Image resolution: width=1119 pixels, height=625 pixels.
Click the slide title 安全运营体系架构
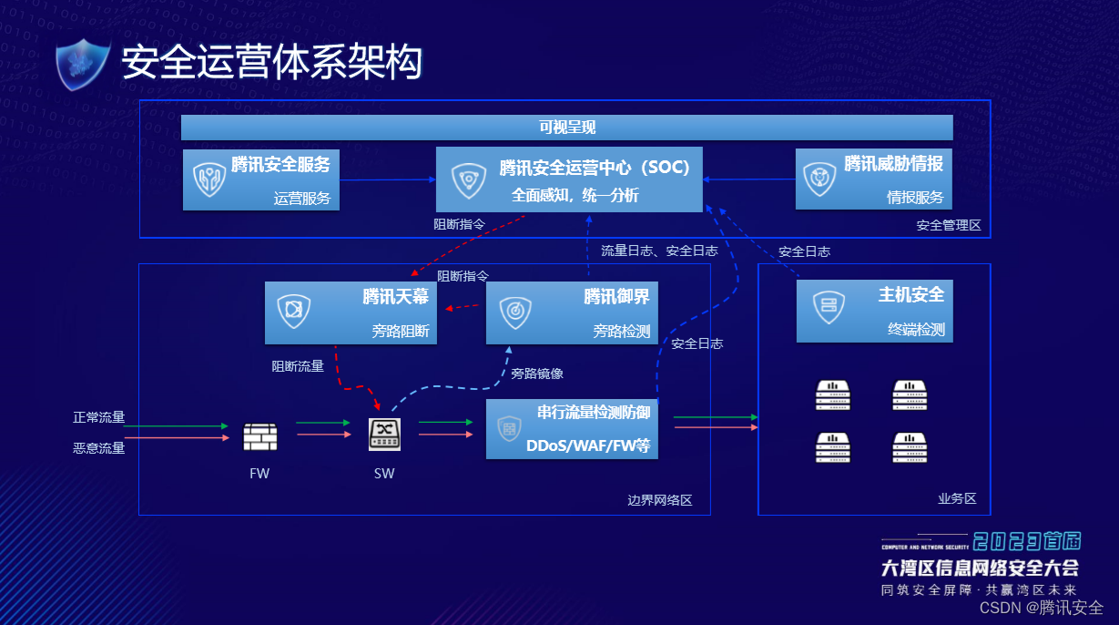(x=272, y=63)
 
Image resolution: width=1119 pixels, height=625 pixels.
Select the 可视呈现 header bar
(x=566, y=128)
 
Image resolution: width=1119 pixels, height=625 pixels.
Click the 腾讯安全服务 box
(x=261, y=179)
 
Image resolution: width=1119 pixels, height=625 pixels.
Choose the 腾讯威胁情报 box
(x=874, y=179)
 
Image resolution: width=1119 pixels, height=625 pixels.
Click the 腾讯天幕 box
(x=351, y=312)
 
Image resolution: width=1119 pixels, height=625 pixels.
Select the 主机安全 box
(x=874, y=311)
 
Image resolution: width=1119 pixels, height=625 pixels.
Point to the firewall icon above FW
(x=259, y=437)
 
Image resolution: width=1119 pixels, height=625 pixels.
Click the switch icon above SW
(x=383, y=434)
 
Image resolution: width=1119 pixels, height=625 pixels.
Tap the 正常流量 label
(x=99, y=418)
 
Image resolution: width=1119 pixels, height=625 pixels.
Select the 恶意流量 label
(x=99, y=447)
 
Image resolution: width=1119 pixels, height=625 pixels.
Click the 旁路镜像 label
(x=537, y=373)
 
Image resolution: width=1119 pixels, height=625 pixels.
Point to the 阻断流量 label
(x=298, y=366)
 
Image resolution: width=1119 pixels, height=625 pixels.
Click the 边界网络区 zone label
(x=660, y=500)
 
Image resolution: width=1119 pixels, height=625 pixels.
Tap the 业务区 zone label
(x=957, y=498)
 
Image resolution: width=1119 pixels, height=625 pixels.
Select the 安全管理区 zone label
(x=949, y=225)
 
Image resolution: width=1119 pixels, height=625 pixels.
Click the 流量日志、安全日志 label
(x=659, y=251)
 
